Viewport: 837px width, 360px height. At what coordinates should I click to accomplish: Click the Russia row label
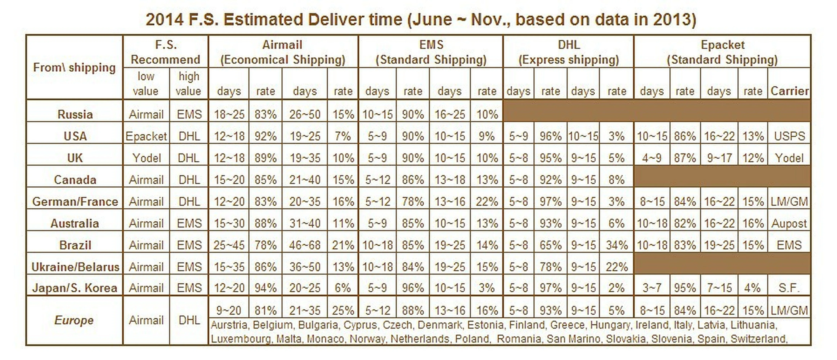(75, 114)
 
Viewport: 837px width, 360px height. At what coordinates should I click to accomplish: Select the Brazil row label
(75, 245)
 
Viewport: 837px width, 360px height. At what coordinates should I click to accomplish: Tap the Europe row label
(74, 320)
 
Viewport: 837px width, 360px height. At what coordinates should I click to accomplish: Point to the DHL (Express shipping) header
(569, 52)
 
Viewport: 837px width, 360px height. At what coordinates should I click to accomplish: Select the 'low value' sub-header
(146, 84)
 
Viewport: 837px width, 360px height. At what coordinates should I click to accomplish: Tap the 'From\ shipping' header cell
(74, 67)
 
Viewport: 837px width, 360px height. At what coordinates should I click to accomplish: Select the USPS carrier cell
(789, 136)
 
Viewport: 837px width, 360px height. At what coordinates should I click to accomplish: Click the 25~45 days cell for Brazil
(229, 245)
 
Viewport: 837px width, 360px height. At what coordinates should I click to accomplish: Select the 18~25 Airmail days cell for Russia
(229, 114)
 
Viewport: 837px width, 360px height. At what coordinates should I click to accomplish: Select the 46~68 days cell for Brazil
(305, 245)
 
